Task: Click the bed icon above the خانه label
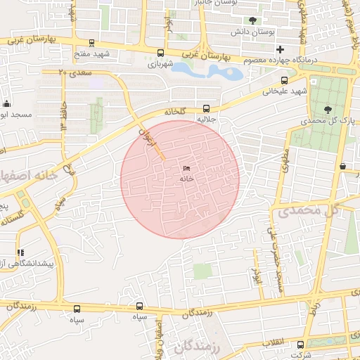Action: click(x=186, y=169)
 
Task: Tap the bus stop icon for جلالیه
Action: click(x=206, y=108)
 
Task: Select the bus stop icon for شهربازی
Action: click(x=161, y=53)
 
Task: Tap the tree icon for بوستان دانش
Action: click(x=252, y=20)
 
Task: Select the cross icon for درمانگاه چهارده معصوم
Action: click(x=281, y=49)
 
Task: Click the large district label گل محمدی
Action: click(x=317, y=210)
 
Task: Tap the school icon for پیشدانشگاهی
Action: click(x=20, y=252)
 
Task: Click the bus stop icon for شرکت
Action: click(x=301, y=345)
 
